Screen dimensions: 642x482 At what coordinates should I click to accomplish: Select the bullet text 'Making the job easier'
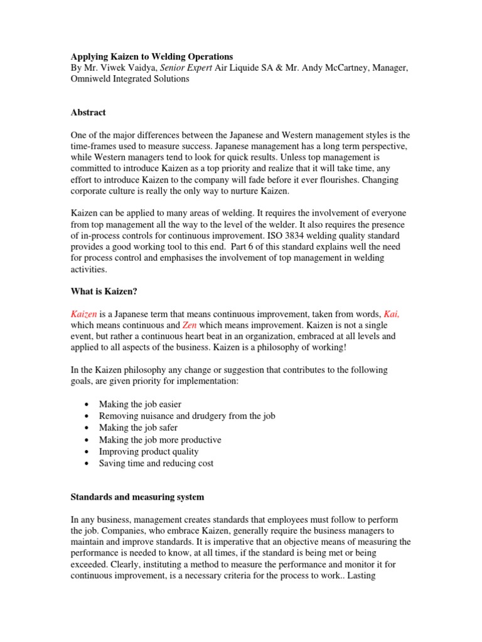pyautogui.click(x=140, y=404)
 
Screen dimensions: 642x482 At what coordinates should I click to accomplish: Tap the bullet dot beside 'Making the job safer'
pyautogui.click(x=85, y=428)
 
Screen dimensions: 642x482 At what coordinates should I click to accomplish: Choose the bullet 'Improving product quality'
pyautogui.click(x=149, y=451)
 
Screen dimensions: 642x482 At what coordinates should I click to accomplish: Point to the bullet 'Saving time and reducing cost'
pyautogui.click(x=156, y=463)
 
